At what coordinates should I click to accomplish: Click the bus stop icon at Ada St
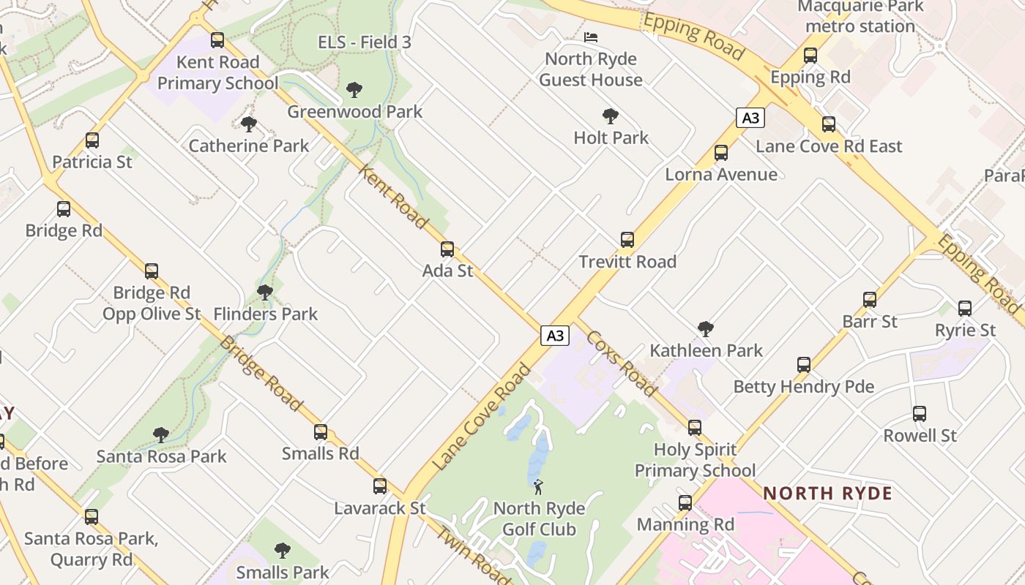coord(447,249)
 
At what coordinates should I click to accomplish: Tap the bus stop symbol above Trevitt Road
coord(627,240)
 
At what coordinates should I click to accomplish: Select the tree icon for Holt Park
coord(611,116)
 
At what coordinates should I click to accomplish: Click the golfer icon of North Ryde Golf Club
coord(539,486)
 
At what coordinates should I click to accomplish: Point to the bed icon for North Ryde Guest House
coord(591,37)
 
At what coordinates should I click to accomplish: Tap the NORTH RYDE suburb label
coord(827,493)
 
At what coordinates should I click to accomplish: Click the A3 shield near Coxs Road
coord(555,336)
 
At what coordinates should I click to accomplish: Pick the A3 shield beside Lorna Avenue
coord(750,118)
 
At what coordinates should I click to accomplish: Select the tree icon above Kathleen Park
coord(706,329)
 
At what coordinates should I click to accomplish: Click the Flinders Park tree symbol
coord(265,292)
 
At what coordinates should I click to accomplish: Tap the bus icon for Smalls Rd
coord(321,432)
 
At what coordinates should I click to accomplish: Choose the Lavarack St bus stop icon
coord(380,486)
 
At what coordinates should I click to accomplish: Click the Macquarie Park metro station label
coord(860,17)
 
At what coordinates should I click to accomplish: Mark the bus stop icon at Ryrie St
coord(965,309)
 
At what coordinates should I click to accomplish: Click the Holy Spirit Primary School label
coord(695,460)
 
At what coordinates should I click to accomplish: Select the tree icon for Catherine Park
coord(249,124)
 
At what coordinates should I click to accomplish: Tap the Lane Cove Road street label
coord(481,418)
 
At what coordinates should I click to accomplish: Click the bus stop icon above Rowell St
coord(920,414)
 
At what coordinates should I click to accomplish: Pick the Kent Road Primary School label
coord(218,72)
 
